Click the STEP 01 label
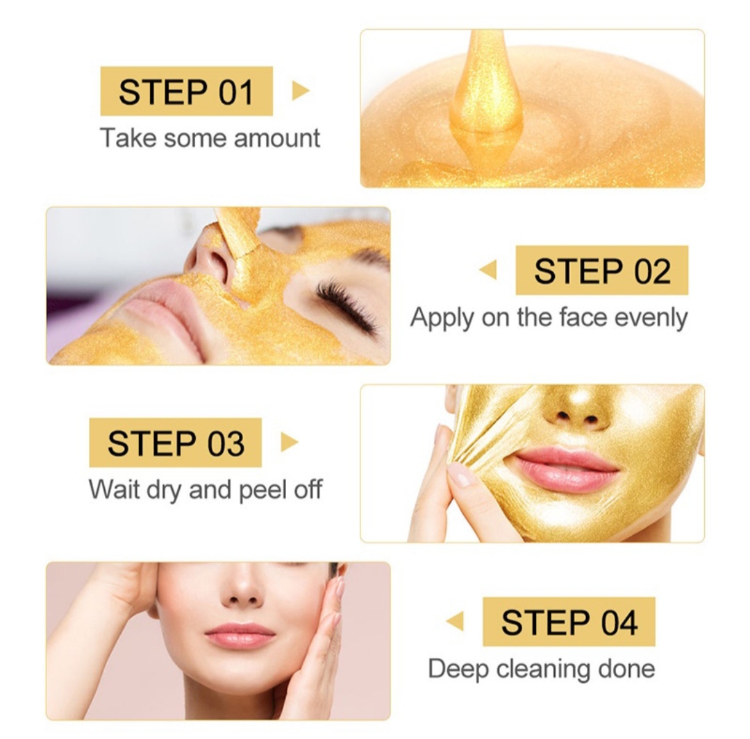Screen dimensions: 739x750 pos(186,91)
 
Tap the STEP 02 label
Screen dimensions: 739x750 pos(601,270)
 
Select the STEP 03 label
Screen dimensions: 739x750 pos(175,443)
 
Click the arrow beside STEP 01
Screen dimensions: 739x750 pos(300,91)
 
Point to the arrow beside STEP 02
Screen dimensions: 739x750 pos(488,270)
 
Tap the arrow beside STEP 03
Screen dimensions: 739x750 pos(289,443)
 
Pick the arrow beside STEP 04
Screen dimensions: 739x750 pos(455,621)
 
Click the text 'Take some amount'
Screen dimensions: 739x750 pos(210,138)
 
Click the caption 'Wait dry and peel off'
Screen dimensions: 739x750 pos(206,490)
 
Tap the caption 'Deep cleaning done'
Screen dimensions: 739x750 pos(541,669)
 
